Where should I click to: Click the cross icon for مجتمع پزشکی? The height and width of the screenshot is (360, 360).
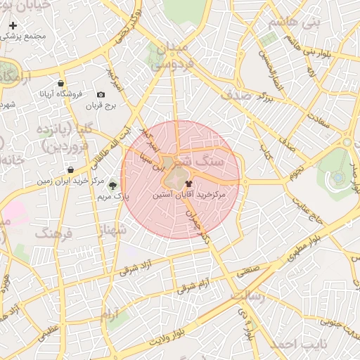[x=13, y=25]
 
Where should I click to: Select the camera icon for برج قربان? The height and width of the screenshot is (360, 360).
[x=101, y=95]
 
